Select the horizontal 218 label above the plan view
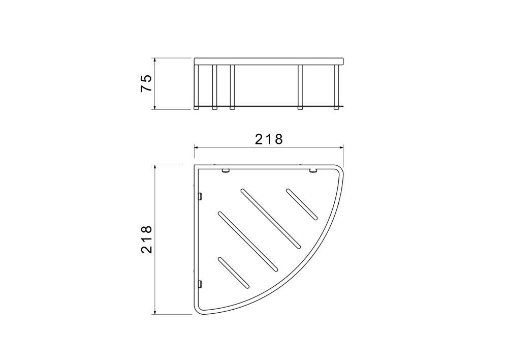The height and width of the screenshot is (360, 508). click(269, 139)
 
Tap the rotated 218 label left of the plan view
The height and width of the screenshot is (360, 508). click(146, 239)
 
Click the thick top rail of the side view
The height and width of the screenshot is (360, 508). click(269, 62)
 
